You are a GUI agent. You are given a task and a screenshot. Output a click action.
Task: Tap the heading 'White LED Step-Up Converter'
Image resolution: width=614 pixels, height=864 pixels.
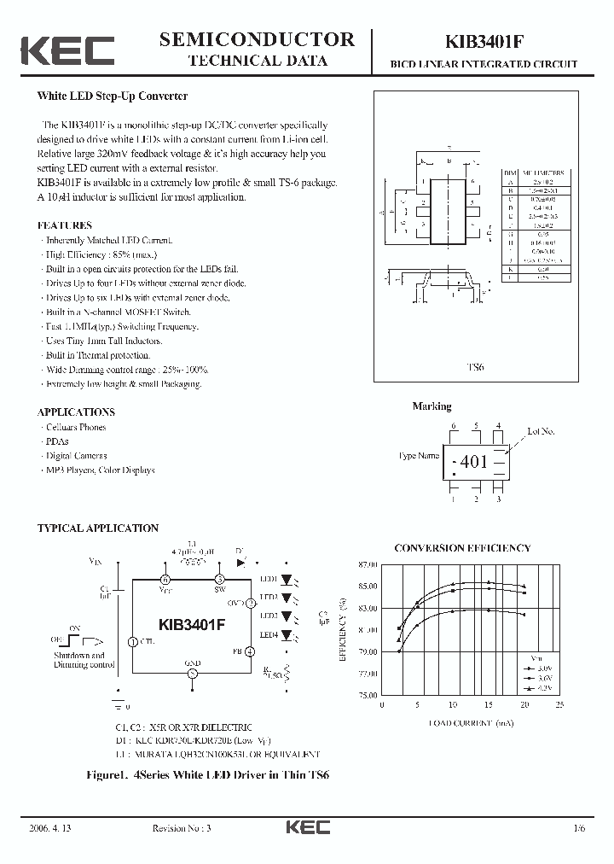click(113, 97)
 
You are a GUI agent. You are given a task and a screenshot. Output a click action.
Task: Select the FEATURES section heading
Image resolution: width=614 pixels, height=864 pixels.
click(65, 225)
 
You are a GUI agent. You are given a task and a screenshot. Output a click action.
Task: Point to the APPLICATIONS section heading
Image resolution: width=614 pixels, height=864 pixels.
click(76, 412)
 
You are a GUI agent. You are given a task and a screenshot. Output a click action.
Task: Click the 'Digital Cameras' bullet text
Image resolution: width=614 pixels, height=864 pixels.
click(77, 456)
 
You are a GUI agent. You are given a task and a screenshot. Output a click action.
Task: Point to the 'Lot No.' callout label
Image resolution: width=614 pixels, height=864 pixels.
click(541, 432)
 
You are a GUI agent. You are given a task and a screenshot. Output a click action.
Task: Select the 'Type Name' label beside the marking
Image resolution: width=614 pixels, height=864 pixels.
click(420, 456)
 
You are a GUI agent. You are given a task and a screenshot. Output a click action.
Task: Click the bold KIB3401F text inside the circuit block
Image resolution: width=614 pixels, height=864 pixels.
click(192, 624)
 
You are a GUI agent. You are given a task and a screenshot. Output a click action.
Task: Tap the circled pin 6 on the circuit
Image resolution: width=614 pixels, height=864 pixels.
click(165, 579)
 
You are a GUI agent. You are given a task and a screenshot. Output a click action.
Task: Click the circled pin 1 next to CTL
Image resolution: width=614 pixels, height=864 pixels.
click(131, 641)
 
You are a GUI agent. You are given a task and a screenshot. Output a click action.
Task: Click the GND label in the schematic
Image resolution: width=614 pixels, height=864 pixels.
click(193, 662)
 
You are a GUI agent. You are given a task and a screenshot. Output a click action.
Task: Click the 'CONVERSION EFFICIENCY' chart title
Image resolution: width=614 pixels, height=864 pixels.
click(462, 548)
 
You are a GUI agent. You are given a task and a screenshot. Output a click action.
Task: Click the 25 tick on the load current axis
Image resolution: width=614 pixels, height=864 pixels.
click(559, 705)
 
